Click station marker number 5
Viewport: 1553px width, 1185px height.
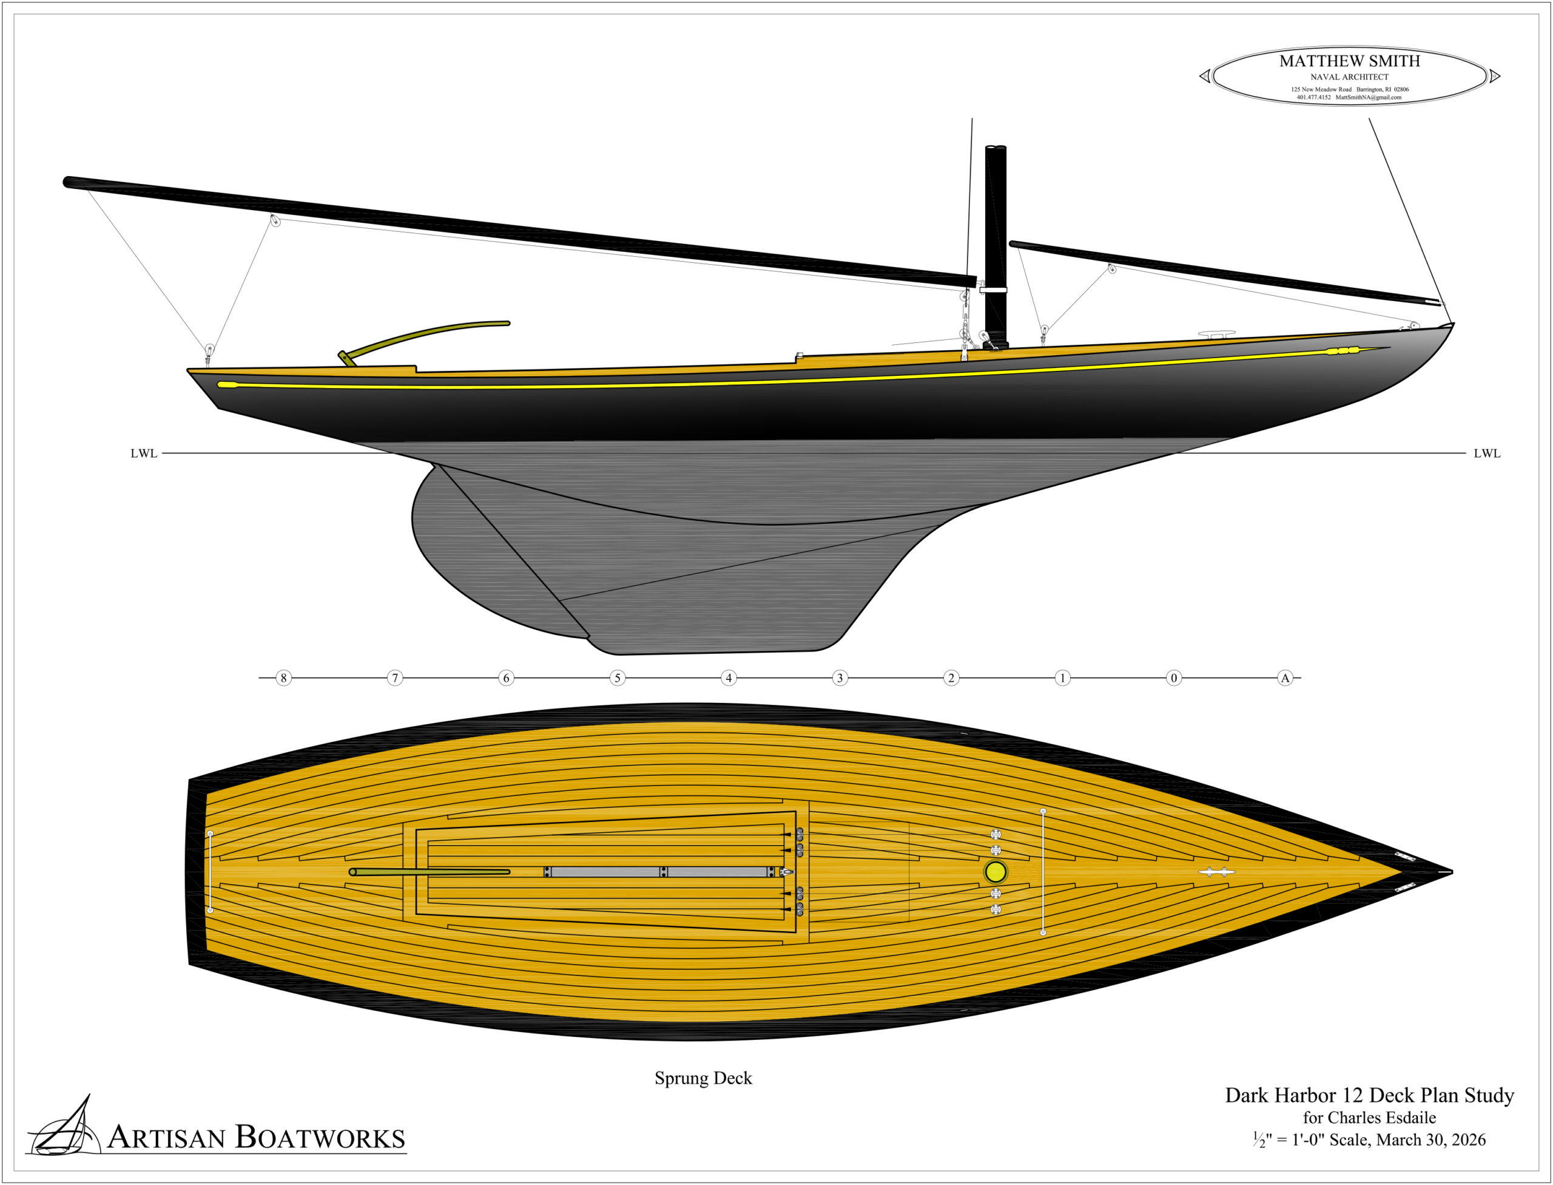[618, 678]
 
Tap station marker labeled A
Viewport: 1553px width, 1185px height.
[1285, 678]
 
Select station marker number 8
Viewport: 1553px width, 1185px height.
[283, 678]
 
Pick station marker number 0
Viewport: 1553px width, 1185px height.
[1174, 678]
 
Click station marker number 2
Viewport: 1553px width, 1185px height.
[951, 678]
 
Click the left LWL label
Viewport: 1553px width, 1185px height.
[144, 453]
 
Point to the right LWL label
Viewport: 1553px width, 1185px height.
[1487, 453]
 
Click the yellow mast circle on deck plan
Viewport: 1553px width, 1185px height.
[995, 872]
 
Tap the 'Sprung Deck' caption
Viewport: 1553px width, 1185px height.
[703, 1078]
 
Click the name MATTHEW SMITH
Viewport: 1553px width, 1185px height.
[1350, 61]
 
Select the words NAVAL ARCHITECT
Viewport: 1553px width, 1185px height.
[1350, 77]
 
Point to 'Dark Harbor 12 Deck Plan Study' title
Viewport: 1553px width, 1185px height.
[1370, 1095]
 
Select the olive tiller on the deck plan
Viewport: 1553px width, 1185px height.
[430, 872]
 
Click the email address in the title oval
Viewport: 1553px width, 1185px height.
[1369, 97]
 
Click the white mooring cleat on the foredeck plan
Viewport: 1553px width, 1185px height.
[1217, 872]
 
